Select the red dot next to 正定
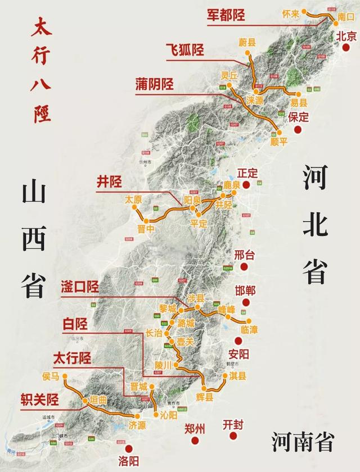point(246,184)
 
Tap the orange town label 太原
point(134,199)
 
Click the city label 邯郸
point(245,291)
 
